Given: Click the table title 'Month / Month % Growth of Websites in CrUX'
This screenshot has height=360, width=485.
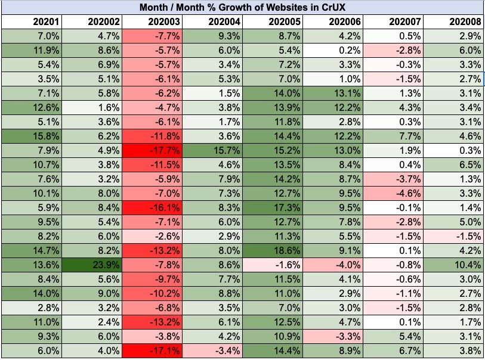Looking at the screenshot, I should tap(243, 8).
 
